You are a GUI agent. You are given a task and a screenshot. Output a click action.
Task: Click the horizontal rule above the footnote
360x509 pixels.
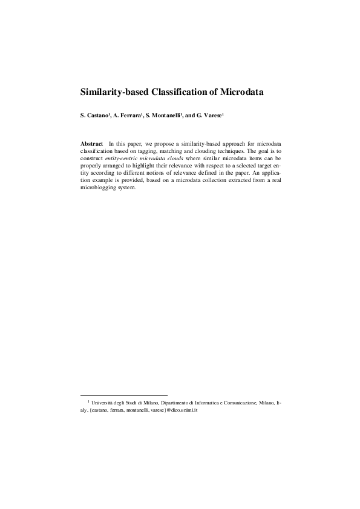[123, 395]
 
